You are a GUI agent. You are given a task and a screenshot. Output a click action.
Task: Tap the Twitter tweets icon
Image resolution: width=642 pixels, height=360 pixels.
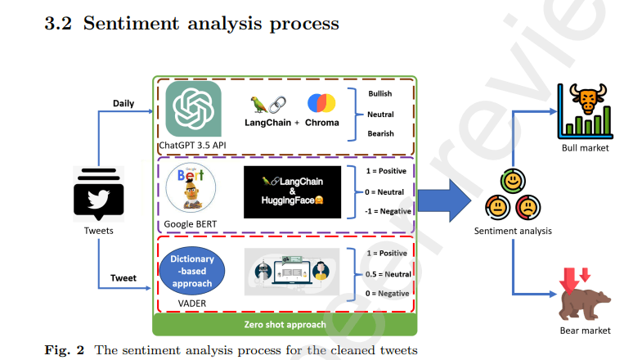pyautogui.click(x=98, y=194)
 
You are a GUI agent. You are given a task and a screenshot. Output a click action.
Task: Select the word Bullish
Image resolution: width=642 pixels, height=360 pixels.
pyautogui.click(x=380, y=94)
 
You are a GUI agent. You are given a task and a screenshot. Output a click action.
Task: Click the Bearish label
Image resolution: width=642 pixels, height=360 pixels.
pyautogui.click(x=380, y=133)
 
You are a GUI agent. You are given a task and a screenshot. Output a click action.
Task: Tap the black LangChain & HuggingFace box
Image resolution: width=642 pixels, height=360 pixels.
pyautogui.click(x=291, y=191)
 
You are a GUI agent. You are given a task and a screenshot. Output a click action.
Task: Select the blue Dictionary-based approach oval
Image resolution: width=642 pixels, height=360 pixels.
pyautogui.click(x=192, y=271)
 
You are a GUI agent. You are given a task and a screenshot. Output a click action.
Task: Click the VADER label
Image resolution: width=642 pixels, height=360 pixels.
pyautogui.click(x=192, y=302)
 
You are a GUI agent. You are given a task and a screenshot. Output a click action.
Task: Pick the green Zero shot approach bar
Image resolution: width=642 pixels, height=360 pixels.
pyautogui.click(x=285, y=325)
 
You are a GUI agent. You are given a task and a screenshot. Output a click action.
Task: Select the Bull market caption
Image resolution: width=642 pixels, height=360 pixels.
pyautogui.click(x=586, y=148)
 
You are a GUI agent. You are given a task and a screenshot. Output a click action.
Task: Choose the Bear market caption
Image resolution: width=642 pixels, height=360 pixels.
pyautogui.click(x=585, y=331)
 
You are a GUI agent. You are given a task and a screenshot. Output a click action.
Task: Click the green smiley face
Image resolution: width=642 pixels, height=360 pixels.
pyautogui.click(x=513, y=179)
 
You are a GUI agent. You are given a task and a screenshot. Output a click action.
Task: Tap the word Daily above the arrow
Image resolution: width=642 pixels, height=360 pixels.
pyautogui.click(x=123, y=103)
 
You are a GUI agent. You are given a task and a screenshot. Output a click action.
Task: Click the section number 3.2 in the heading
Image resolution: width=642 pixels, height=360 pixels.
pyautogui.click(x=58, y=24)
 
